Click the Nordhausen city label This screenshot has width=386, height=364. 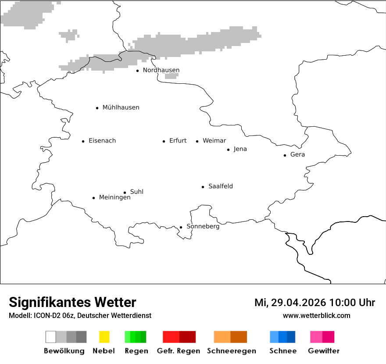click(x=161, y=70)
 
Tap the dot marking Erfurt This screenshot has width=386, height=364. click(x=164, y=141)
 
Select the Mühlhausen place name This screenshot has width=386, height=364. click(x=121, y=107)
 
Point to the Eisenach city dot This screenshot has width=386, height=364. click(x=83, y=141)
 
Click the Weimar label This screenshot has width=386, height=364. click(x=214, y=141)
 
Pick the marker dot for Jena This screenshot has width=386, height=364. click(x=228, y=150)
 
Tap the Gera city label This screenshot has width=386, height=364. click(x=297, y=155)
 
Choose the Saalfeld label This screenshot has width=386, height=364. click(x=221, y=186)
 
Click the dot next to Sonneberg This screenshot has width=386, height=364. click(x=181, y=227)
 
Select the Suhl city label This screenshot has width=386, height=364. click(x=137, y=192)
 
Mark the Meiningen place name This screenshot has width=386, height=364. click(x=114, y=198)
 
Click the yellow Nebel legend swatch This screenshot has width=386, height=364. click(x=104, y=337)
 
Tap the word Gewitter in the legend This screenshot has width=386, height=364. click(x=324, y=351)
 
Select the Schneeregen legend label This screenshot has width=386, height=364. click(x=231, y=351)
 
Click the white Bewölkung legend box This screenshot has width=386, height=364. click(x=51, y=337)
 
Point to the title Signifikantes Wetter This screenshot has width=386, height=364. click(x=72, y=303)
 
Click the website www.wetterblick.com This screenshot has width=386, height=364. click(x=316, y=316)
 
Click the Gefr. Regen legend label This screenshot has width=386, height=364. click(x=179, y=351)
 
